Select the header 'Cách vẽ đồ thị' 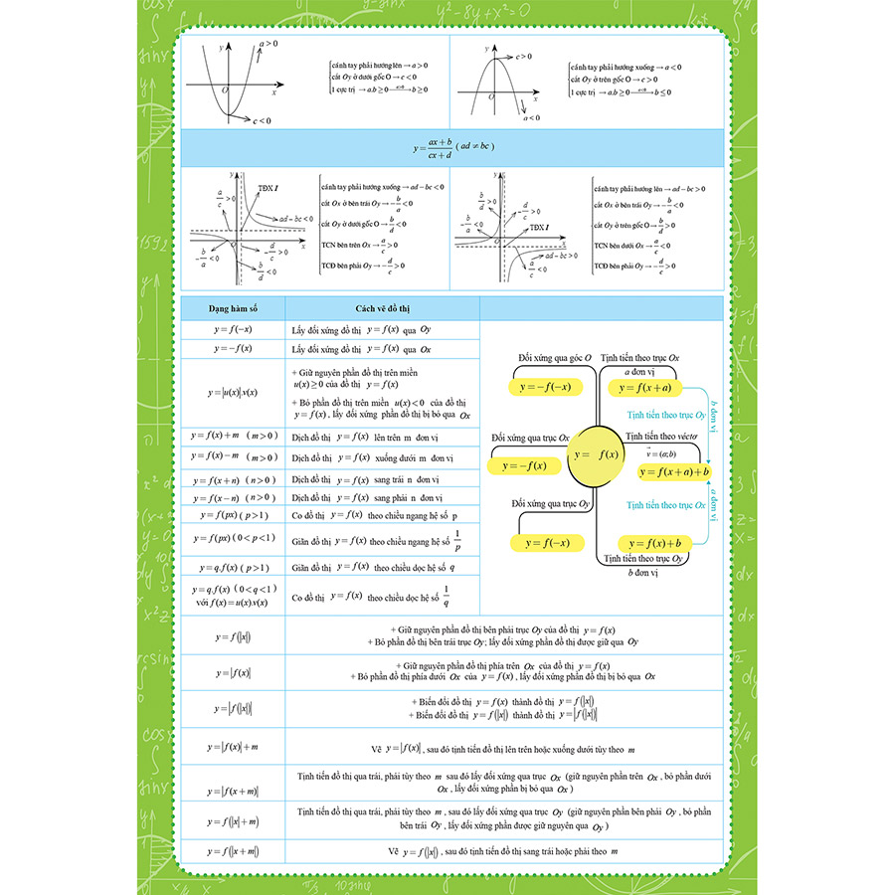pos(382,308)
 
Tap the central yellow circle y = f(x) pos(597,454)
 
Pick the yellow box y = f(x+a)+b pos(674,471)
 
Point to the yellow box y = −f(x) pos(524,465)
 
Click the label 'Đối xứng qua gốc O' pos(555,357)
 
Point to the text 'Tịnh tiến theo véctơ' pos(662,437)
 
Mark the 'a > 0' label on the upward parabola pos(268,45)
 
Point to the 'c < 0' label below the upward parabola pos(263,121)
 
